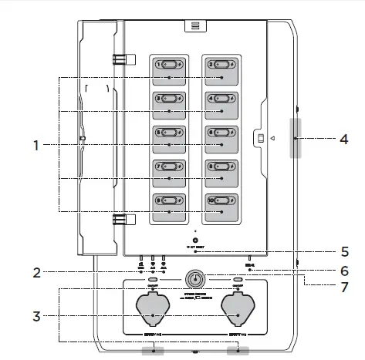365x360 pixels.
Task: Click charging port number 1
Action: (x=170, y=66)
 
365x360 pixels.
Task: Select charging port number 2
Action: (x=221, y=66)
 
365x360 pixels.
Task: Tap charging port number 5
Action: (x=170, y=132)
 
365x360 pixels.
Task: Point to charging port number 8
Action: (x=221, y=166)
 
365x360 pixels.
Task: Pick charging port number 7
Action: (x=170, y=166)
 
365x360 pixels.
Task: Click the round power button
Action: (x=196, y=281)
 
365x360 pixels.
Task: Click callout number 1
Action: (x=35, y=144)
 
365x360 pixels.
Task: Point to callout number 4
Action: (x=343, y=140)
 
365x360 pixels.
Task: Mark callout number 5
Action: (x=343, y=251)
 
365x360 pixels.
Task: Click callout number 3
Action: (x=35, y=316)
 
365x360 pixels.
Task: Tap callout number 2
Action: (x=35, y=272)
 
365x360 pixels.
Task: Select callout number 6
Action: (x=343, y=271)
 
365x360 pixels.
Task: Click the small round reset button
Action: (x=196, y=240)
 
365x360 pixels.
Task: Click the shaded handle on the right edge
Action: (x=295, y=138)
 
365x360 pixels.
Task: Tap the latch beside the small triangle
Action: (x=261, y=138)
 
